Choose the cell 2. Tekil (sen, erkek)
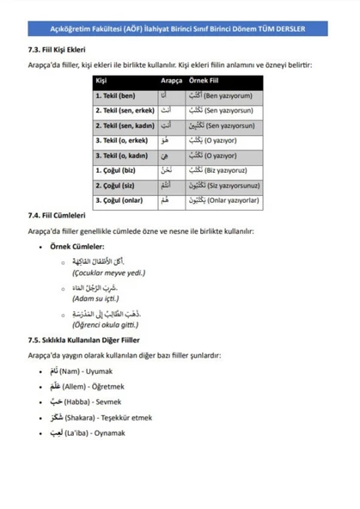tap(125, 110)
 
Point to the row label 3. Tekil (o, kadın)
tap(125, 156)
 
